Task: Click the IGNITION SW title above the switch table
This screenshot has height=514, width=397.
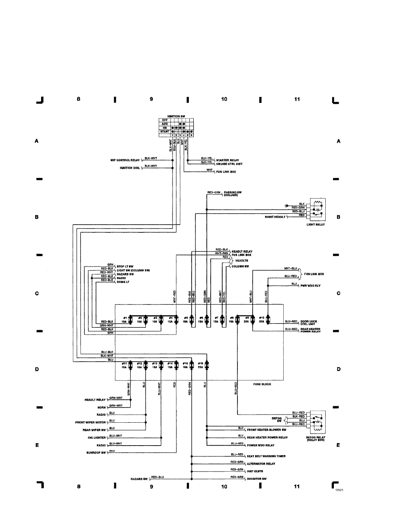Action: [x=176, y=116]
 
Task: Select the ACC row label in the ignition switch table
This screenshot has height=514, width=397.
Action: [x=165, y=124]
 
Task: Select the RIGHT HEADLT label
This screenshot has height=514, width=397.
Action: [x=275, y=217]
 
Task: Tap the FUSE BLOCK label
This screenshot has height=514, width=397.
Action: [x=262, y=384]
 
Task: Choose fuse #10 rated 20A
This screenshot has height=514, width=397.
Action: [x=268, y=320]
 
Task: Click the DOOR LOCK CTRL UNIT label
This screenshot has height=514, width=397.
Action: [x=309, y=322]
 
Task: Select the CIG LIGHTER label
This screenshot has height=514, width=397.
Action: [x=96, y=438]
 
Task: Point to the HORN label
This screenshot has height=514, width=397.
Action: [x=102, y=408]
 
